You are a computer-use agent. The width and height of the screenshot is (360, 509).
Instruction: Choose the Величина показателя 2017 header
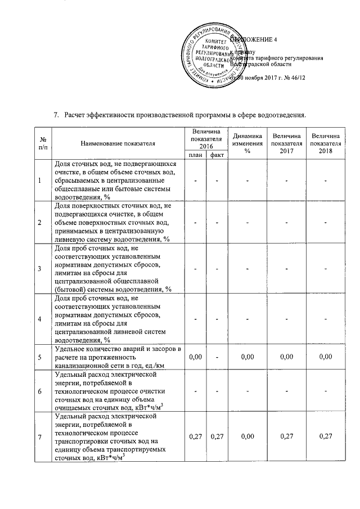[286, 143]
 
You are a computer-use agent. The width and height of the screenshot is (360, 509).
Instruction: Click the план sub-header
[196, 155]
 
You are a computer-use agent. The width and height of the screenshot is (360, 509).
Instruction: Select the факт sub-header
[217, 155]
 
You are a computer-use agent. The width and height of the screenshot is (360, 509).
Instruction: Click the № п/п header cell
[43, 143]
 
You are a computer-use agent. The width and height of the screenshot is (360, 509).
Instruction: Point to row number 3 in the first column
[40, 268]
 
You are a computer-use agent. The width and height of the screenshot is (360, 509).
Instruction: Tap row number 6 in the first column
[40, 391]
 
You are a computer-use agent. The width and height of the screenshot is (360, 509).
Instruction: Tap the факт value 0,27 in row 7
[217, 436]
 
